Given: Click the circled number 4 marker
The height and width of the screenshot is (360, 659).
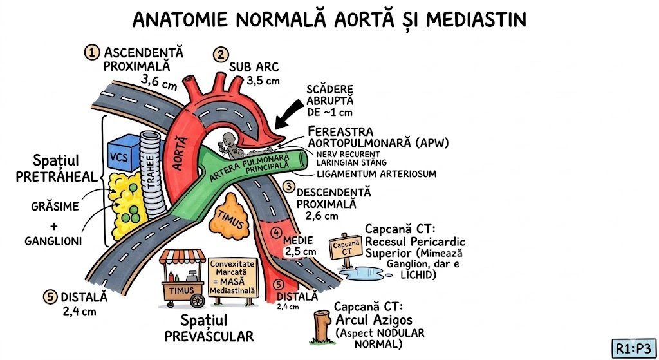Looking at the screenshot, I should [x=277, y=232].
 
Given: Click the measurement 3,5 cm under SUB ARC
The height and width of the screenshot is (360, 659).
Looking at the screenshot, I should [x=264, y=81].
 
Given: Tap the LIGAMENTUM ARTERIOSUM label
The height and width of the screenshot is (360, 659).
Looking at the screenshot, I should [x=376, y=174].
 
